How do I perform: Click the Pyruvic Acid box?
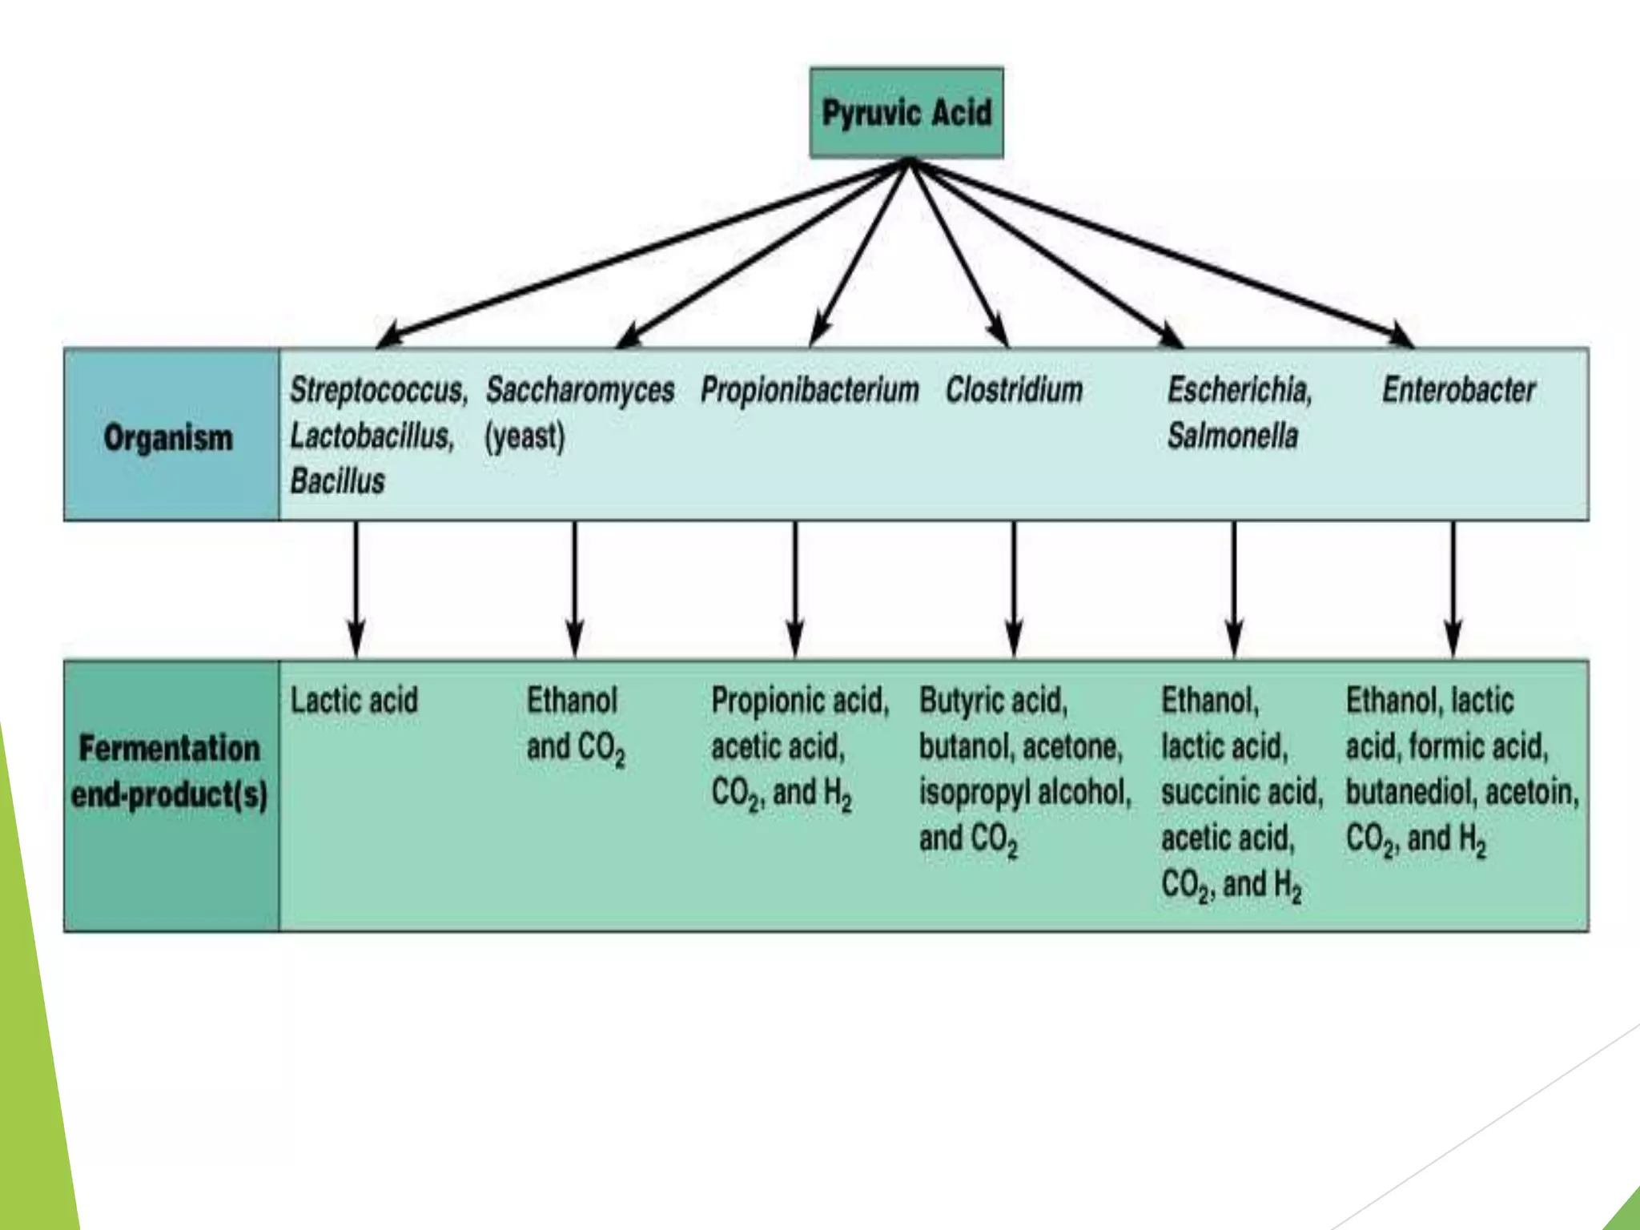pos(906,113)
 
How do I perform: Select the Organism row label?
pos(168,437)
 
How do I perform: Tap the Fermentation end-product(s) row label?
pos(170,771)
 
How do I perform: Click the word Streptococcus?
pos(377,390)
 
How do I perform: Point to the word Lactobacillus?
pos(372,436)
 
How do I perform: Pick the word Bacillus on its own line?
pos(337,481)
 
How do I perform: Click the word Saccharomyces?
pos(581,390)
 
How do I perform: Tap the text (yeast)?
pos(525,436)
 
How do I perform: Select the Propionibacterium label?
pos(810,390)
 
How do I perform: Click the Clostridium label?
pos(1014,390)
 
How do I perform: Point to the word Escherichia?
pos(1239,390)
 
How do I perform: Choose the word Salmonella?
pos(1232,436)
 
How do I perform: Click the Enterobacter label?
pos(1459,390)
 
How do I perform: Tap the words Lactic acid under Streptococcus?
pos(354,701)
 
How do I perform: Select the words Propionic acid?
pos(798,701)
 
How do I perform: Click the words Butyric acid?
pos(993,701)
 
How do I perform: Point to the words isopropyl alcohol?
pos(1024,793)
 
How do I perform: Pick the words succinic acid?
pos(1240,793)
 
